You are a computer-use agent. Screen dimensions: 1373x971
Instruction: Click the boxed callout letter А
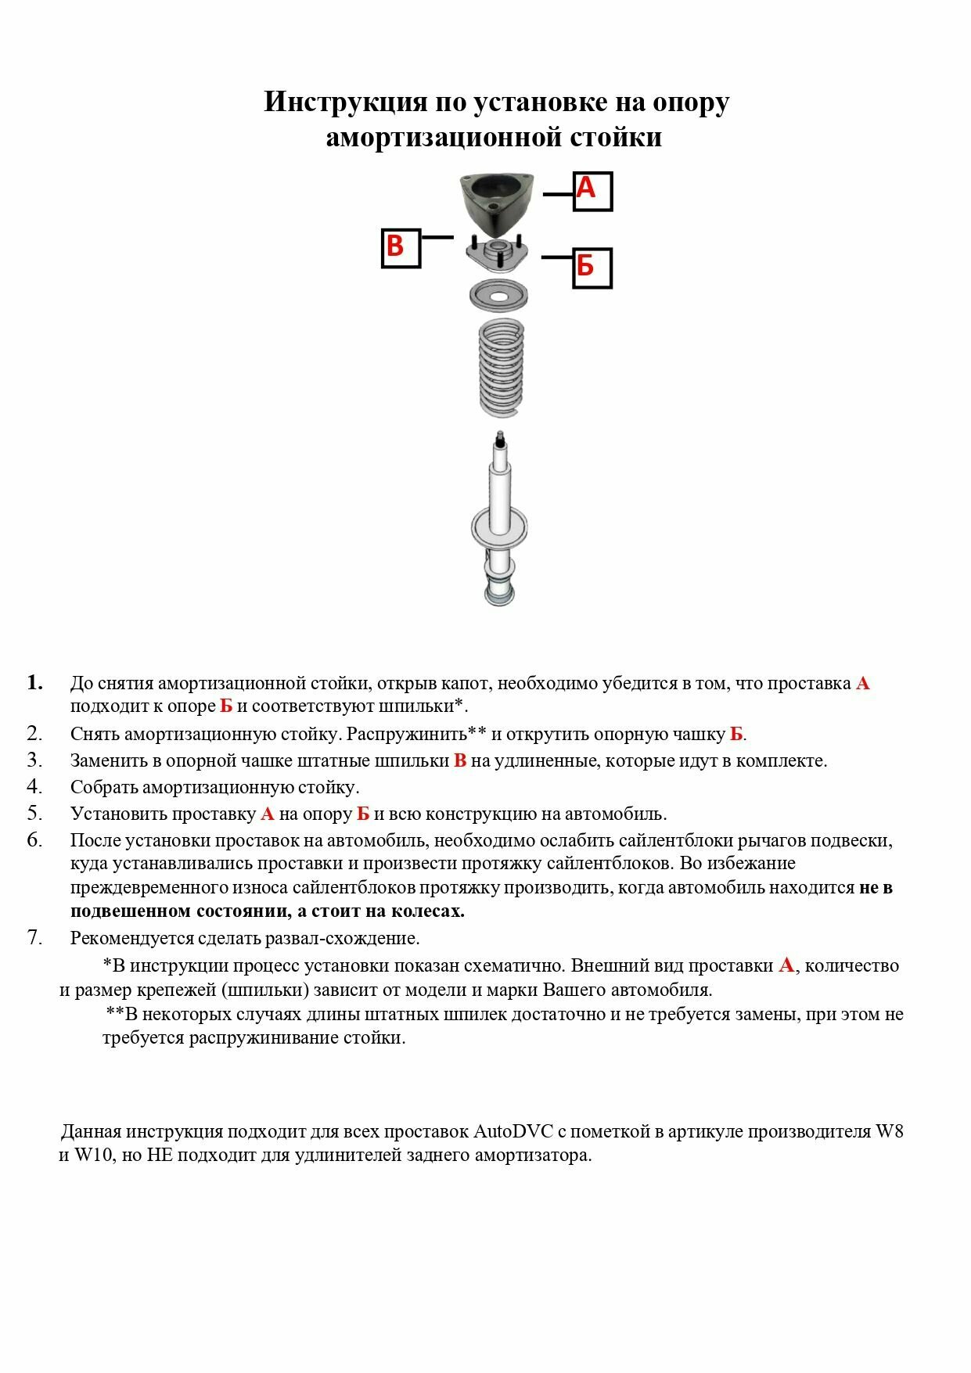point(592,191)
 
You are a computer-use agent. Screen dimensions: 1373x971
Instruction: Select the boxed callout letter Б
point(591,268)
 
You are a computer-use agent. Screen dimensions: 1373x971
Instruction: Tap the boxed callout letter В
point(401,248)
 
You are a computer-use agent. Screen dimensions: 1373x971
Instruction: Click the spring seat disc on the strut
point(499,524)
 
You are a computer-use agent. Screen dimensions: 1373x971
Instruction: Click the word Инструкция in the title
point(345,102)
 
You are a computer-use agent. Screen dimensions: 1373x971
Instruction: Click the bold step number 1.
point(34,683)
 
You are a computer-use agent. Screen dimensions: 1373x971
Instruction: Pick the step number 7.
point(34,937)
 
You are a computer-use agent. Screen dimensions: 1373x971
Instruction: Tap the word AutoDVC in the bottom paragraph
point(512,1131)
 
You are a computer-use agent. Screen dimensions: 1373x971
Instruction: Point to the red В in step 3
point(460,760)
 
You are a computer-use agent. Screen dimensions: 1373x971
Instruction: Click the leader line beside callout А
point(559,194)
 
